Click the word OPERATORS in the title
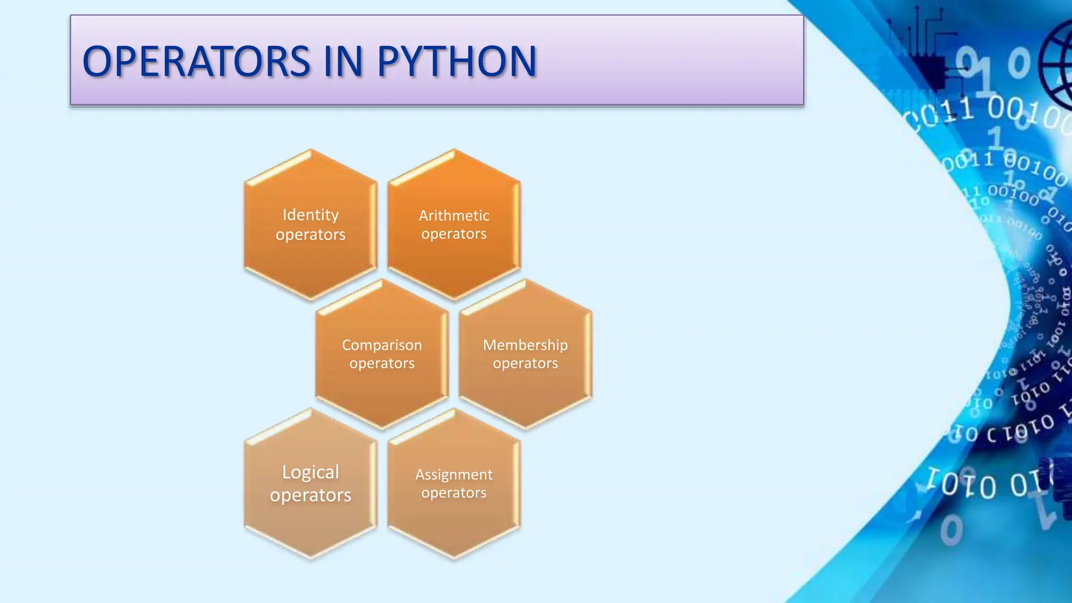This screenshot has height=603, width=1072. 197,62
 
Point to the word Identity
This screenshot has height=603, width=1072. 310,215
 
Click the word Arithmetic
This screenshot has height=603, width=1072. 454,216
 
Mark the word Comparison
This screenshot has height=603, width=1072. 382,345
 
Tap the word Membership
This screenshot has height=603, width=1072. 526,345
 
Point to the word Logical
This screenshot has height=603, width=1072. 310,472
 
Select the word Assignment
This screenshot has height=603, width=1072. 454,474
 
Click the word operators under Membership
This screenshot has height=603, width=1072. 526,363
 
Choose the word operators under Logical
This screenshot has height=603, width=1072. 310,495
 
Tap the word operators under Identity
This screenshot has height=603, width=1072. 310,234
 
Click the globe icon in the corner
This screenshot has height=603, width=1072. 1057,65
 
